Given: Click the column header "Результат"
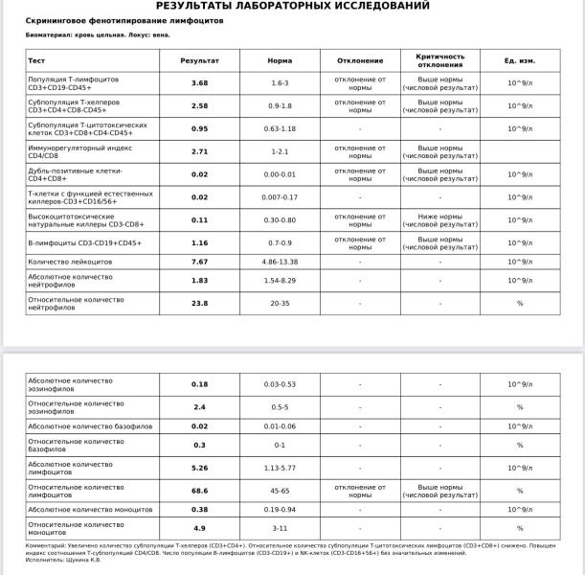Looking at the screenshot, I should coord(199,60).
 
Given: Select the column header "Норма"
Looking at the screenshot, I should coord(280,60).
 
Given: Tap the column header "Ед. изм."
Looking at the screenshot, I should coord(520,60).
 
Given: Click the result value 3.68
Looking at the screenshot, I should coord(199,83).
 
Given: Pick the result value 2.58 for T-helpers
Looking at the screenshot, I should coord(199,105).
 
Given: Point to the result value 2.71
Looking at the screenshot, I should coord(199,151).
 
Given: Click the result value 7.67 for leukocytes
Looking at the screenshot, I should coord(199,262).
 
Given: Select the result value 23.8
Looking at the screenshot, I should coord(199,303).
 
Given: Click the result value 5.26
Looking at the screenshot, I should coord(199,469).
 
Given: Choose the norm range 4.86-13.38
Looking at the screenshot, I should coord(280,262).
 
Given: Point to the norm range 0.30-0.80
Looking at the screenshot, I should coord(280,219).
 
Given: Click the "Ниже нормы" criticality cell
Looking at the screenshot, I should coord(439,219).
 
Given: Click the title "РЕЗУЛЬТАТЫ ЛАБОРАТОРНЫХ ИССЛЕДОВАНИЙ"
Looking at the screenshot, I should coord(292,6).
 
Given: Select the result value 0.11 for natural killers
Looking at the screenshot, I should coord(199,219).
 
